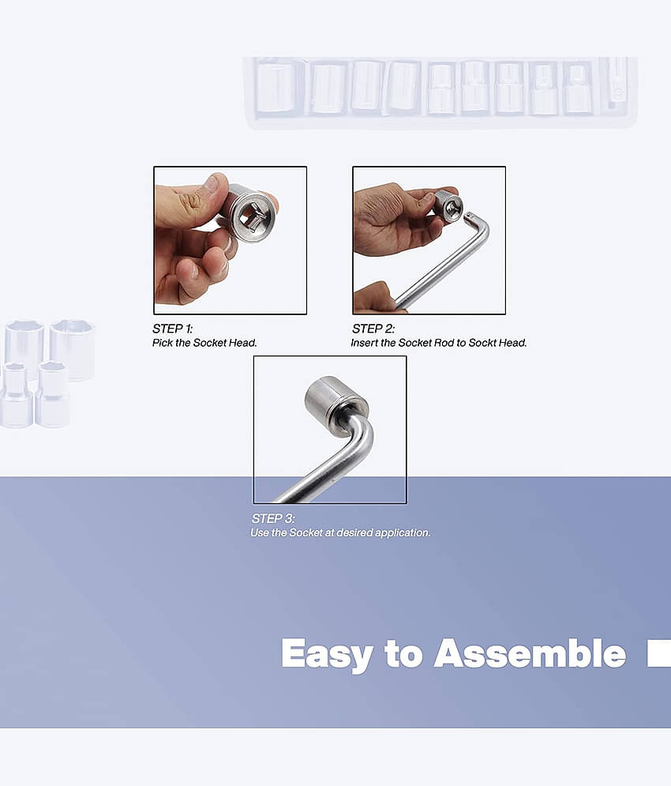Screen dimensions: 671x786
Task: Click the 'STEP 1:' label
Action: pyautogui.click(x=172, y=329)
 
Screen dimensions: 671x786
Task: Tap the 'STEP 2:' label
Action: pyautogui.click(x=373, y=329)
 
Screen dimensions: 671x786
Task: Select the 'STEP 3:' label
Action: pyautogui.click(x=273, y=518)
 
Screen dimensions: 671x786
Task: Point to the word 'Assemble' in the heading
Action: pyautogui.click(x=530, y=652)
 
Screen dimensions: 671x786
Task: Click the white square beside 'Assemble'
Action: pyautogui.click(x=659, y=653)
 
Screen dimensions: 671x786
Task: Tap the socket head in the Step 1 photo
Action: pyautogui.click(x=249, y=214)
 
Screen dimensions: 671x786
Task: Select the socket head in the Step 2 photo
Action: pyautogui.click(x=448, y=205)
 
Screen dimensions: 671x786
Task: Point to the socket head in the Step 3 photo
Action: pyautogui.click(x=335, y=401)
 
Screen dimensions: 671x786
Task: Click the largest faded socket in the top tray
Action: pyautogui.click(x=279, y=88)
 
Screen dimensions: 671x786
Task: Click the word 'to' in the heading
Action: pyautogui.click(x=403, y=653)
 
